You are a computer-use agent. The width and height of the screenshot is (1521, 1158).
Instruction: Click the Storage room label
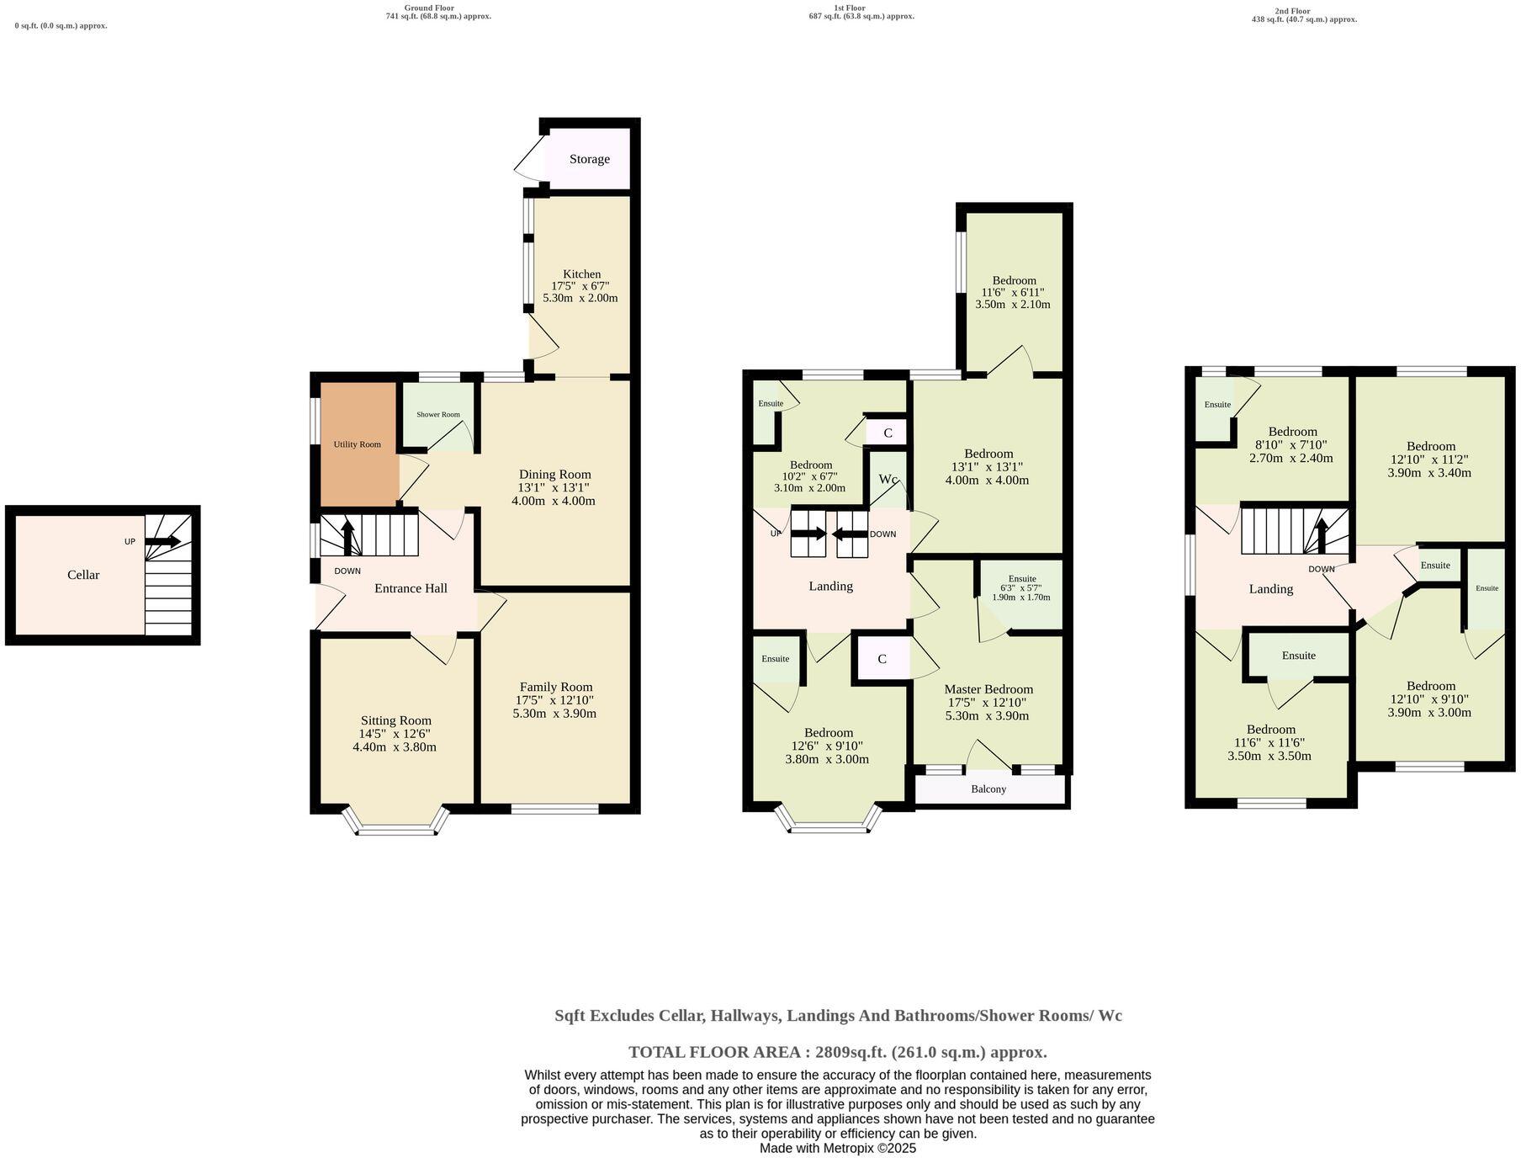[589, 159]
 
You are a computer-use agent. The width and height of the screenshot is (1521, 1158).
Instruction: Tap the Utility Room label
[357, 444]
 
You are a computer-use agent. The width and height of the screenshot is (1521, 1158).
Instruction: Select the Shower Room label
[438, 415]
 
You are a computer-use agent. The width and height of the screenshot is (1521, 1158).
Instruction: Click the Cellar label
[83, 575]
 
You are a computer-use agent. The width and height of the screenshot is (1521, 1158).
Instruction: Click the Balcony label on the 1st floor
[988, 789]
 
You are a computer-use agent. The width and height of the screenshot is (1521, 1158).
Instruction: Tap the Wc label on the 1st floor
[888, 479]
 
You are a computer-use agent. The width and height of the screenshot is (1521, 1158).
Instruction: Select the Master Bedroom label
[988, 688]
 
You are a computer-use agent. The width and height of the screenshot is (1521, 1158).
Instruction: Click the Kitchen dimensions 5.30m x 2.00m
[580, 298]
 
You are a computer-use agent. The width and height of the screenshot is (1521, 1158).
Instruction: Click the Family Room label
[555, 687]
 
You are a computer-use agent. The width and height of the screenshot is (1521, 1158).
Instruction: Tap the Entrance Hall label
[411, 588]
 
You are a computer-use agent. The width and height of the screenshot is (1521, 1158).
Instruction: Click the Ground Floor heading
[429, 8]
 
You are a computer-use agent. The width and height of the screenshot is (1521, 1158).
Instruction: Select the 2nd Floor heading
[1292, 11]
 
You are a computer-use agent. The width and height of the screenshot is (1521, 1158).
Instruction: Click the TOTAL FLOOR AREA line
[837, 1052]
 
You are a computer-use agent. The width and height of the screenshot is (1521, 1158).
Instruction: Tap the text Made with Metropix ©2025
[837, 1148]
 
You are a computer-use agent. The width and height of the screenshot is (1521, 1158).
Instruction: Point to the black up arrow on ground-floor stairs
[347, 535]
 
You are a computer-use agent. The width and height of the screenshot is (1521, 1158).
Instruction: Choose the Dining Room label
[554, 475]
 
